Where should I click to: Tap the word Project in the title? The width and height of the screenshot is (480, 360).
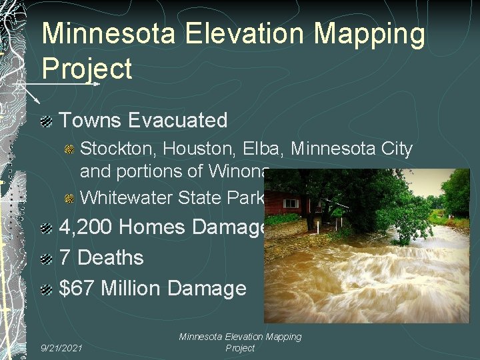87,68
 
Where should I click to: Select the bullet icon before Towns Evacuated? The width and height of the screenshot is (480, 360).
46,121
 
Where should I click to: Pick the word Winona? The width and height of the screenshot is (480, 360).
238,171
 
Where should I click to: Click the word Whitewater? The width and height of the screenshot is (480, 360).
126,198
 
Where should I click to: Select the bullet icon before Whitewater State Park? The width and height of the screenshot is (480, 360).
69,199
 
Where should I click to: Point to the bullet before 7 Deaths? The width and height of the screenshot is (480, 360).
46,259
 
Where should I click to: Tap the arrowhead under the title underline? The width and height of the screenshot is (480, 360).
97,84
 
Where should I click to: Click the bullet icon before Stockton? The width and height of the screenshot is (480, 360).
69,149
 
